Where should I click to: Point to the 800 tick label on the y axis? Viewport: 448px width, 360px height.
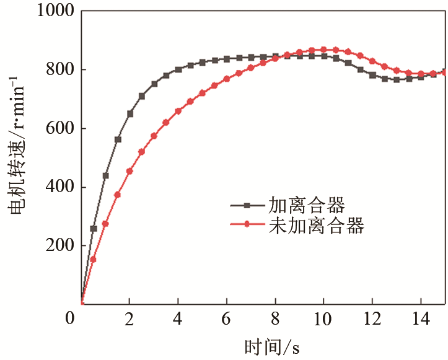pos(60,70)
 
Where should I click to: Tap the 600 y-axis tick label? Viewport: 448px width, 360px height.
pos(60,129)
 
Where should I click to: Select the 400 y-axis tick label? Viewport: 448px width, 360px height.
pos(60,187)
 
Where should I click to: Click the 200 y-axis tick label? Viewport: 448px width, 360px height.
pos(60,246)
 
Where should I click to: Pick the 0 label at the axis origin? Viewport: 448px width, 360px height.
pos(69,318)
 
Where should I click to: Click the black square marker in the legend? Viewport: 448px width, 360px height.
pos(246,204)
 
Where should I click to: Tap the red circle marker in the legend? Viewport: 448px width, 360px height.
pos(246,225)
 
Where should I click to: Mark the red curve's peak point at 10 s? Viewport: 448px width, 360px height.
pos(323,50)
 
